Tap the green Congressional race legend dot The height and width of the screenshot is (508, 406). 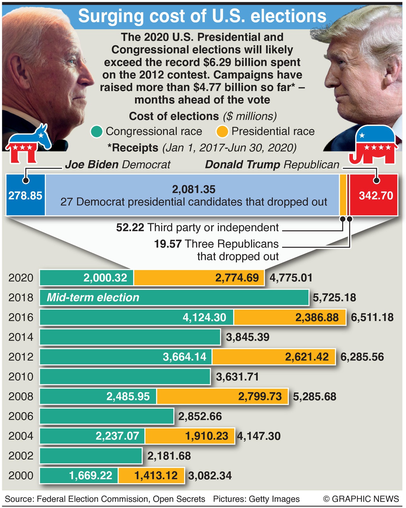tap(97, 132)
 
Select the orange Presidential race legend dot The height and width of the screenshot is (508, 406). tap(222, 132)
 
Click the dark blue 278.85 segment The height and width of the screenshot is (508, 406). tap(25, 195)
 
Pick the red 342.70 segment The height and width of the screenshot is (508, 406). tap(375, 195)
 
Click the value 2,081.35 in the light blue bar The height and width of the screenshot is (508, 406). tap(194, 189)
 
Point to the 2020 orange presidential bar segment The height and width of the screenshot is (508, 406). tap(199, 278)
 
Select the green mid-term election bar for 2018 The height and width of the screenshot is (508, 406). tap(174, 298)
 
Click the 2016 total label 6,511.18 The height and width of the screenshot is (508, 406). tap(372, 317)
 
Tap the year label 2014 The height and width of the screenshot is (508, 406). tap(21, 337)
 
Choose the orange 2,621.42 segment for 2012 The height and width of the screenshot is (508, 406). tap(274, 357)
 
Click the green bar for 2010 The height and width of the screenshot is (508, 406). tap(125, 377)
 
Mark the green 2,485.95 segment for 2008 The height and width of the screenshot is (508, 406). tap(98, 396)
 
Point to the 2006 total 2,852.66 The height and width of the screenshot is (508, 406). tap(200, 416)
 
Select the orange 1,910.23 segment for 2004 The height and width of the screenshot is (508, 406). tap(190, 436)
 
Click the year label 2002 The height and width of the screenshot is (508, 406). tap(21, 456)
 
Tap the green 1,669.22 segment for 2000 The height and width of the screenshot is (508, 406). tap(79, 475)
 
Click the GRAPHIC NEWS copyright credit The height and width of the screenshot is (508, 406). tap(361, 499)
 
